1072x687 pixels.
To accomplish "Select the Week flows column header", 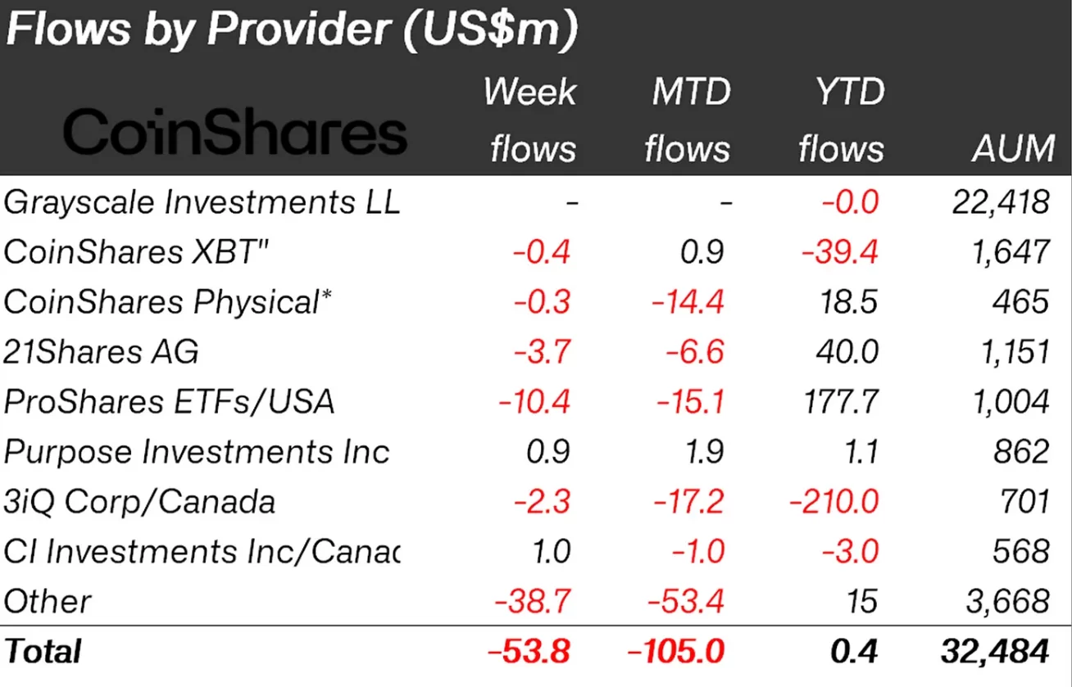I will [x=531, y=120].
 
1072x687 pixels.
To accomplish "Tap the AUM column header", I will [x=1014, y=149].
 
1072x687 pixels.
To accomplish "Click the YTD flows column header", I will [x=842, y=120].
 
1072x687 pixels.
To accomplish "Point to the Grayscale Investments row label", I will [x=202, y=202].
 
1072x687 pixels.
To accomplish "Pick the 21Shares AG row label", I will [x=101, y=352].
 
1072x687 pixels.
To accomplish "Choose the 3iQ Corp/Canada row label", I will [x=139, y=501].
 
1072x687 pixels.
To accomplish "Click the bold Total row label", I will [x=43, y=652].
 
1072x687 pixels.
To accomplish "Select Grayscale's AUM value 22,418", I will [x=1000, y=202].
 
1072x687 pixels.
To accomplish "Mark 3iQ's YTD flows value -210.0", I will [x=834, y=501].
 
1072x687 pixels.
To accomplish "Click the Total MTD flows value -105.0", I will [x=676, y=652].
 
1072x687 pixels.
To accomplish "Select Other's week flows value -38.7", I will [x=532, y=602].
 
